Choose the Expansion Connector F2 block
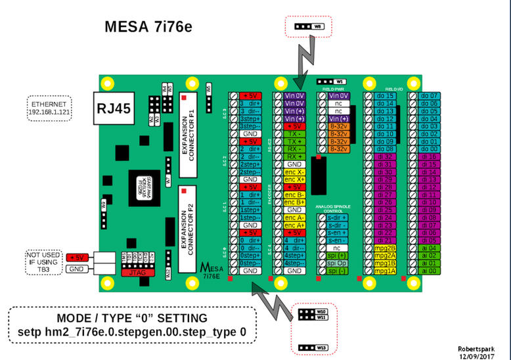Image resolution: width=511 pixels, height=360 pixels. (188, 222)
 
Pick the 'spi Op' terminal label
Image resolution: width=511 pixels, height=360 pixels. (338, 263)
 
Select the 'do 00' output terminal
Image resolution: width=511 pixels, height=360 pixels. (430, 149)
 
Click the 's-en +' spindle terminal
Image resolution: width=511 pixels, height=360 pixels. (338, 233)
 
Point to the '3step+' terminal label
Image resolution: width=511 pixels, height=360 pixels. (250, 118)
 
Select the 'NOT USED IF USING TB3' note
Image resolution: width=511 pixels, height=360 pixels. (43, 260)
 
